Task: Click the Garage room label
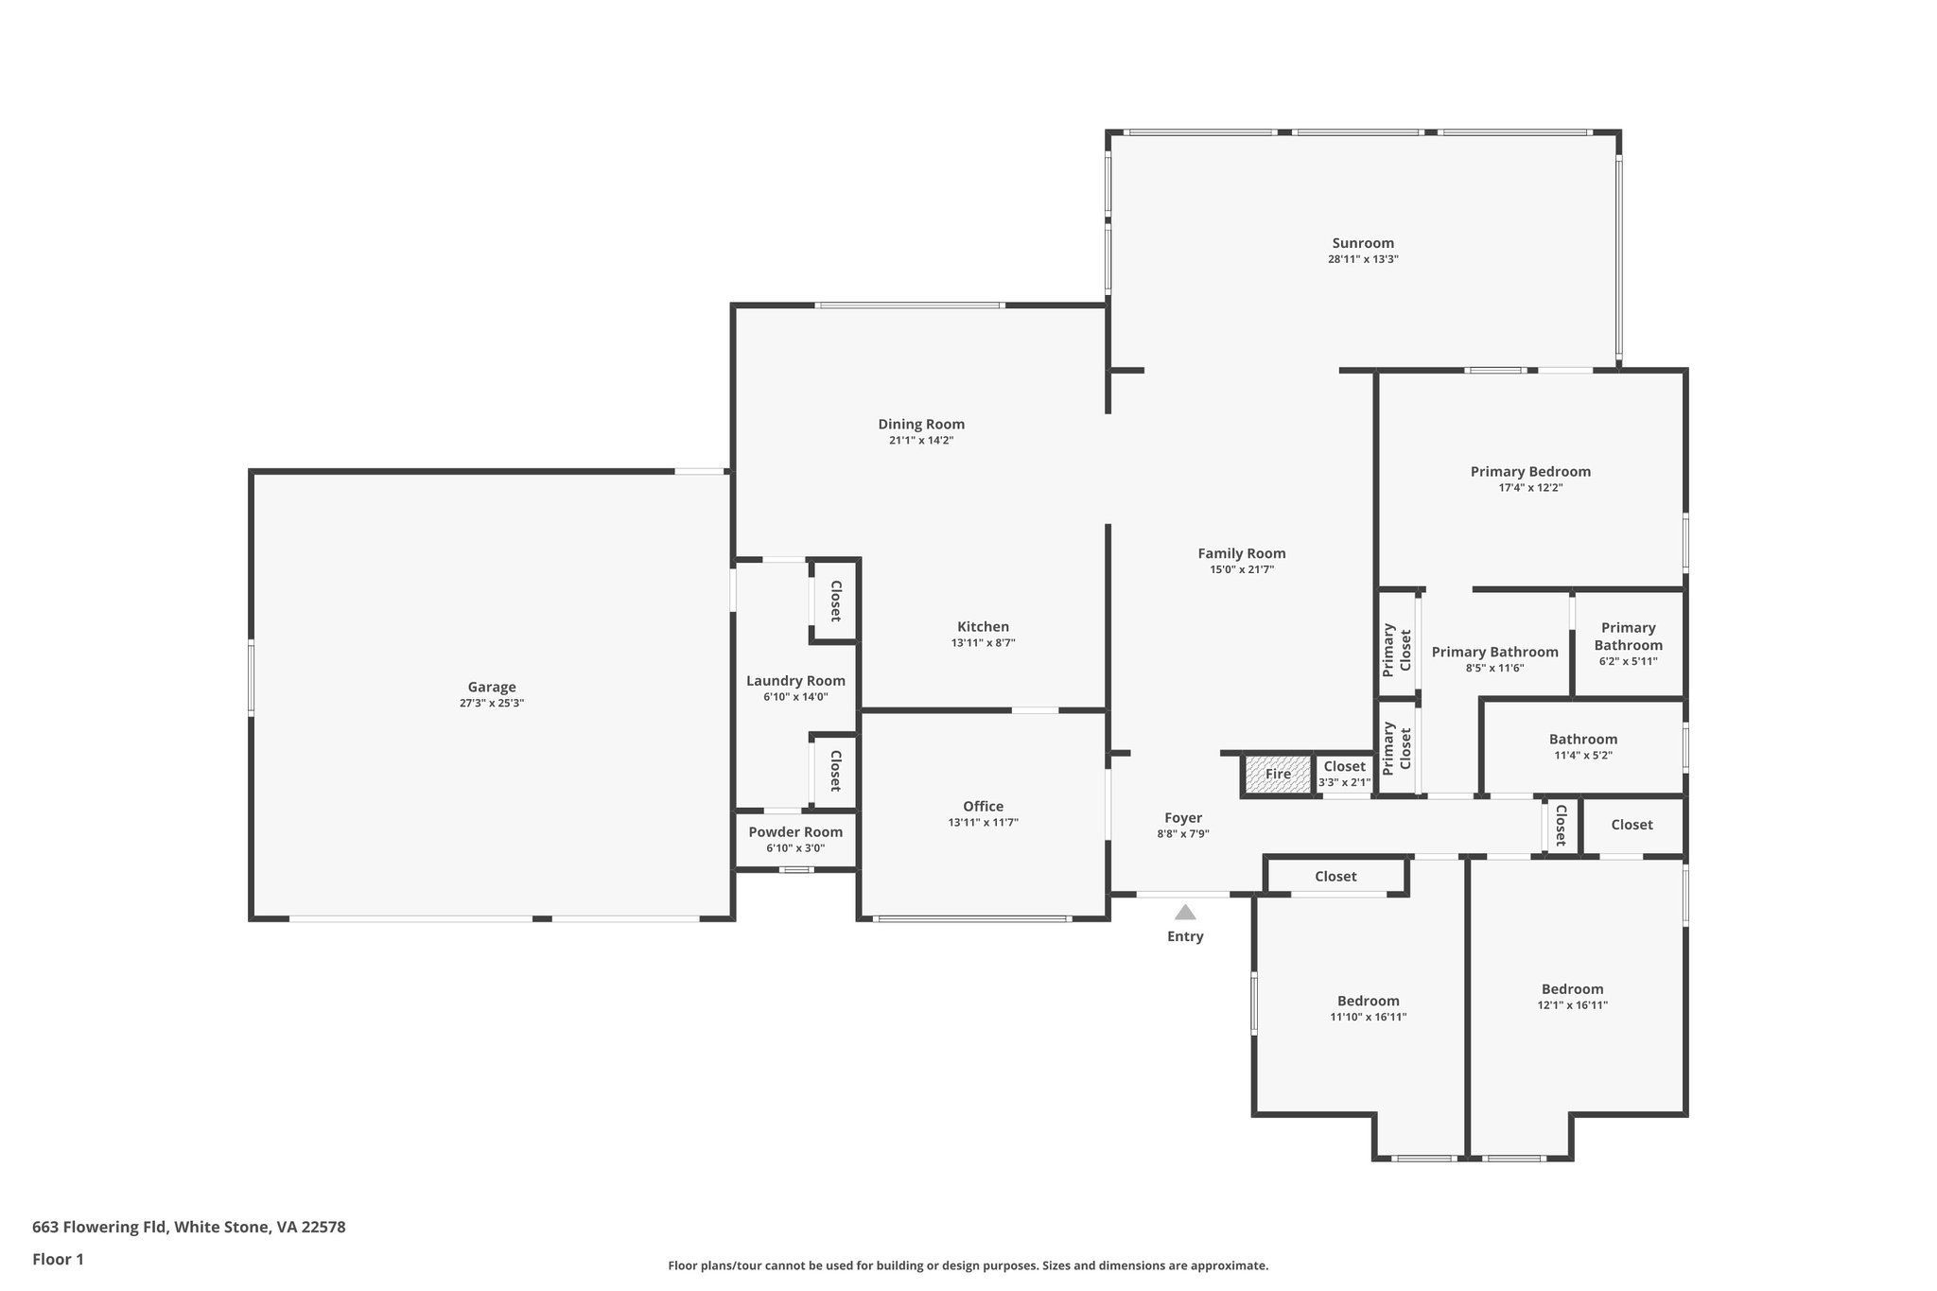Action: click(491, 687)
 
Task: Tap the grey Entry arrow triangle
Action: click(1185, 913)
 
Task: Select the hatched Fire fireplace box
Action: click(1278, 774)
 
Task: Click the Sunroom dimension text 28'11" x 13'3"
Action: click(1363, 259)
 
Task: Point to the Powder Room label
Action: click(795, 832)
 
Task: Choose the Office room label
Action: click(983, 806)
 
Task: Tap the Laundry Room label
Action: click(795, 680)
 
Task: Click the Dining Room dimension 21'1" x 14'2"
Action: click(920, 441)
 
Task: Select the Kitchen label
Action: click(983, 626)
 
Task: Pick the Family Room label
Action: click(1241, 553)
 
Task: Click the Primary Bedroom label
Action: click(1529, 471)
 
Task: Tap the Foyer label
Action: click(1182, 817)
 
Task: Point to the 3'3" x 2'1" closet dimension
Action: click(1344, 782)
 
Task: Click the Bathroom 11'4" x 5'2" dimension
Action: click(1582, 756)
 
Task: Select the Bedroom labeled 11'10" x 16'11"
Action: click(1368, 1001)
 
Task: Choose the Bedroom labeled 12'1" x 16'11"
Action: click(1572, 989)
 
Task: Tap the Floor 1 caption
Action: click(58, 1259)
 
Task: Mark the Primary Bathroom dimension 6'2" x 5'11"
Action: click(1628, 662)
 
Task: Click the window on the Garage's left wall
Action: click(252, 676)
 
